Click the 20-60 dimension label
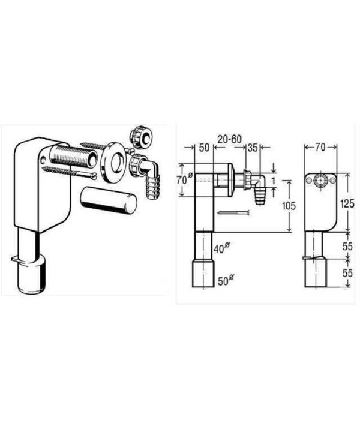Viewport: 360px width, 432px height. pyautogui.click(x=229, y=139)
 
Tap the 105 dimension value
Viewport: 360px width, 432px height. pyautogui.click(x=289, y=206)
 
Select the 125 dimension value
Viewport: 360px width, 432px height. pyautogui.click(x=347, y=204)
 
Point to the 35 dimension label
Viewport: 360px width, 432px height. pyautogui.click(x=253, y=148)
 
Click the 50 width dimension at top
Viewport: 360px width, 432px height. pyautogui.click(x=204, y=148)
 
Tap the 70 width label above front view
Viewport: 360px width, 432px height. pyautogui.click(x=320, y=148)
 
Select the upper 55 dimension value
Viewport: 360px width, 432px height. pyautogui.click(x=347, y=246)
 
